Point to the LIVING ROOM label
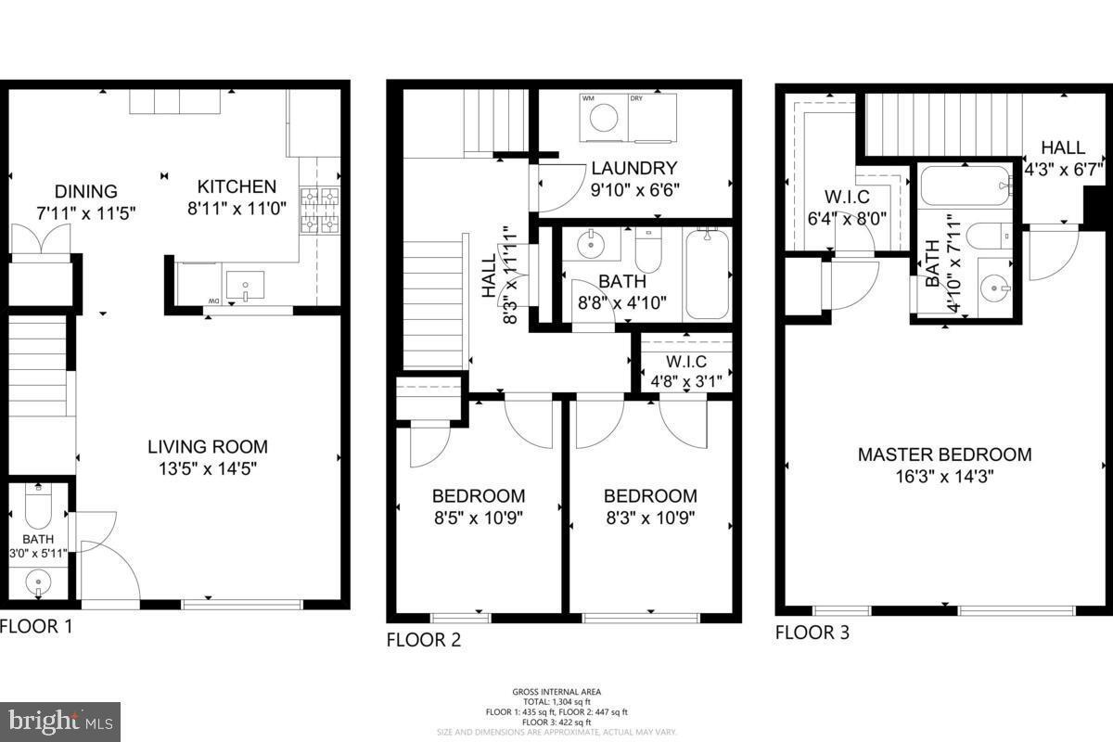[208, 447]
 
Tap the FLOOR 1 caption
[35, 626]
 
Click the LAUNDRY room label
[634, 169]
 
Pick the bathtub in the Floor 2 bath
[707, 274]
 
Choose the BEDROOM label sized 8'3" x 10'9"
[650, 496]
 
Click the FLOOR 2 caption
[423, 640]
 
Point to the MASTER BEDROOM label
[944, 455]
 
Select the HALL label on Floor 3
[1062, 147]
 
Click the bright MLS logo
[60, 720]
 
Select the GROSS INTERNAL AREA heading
[556, 692]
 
